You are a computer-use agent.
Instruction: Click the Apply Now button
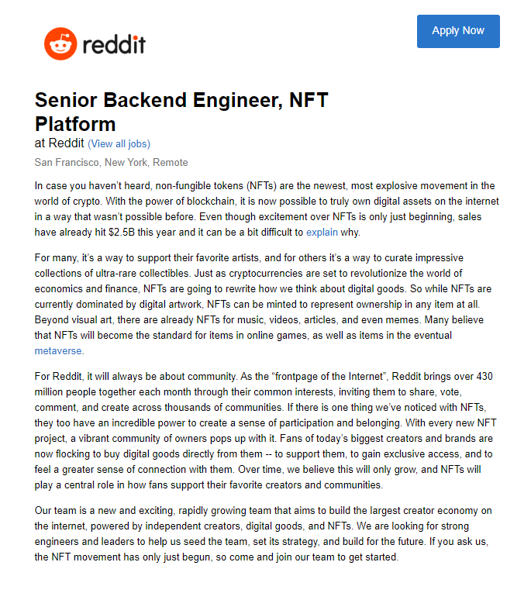click(x=458, y=31)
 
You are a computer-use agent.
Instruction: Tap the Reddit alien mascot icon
click(x=59, y=44)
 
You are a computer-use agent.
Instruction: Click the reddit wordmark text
click(x=113, y=43)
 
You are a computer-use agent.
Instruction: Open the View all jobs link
click(x=119, y=143)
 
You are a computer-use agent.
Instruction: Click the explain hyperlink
click(x=322, y=232)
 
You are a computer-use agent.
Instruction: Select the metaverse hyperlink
click(x=58, y=350)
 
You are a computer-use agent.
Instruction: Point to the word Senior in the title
click(x=67, y=101)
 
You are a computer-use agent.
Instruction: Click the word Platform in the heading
click(x=75, y=124)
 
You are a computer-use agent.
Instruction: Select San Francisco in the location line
click(x=67, y=163)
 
